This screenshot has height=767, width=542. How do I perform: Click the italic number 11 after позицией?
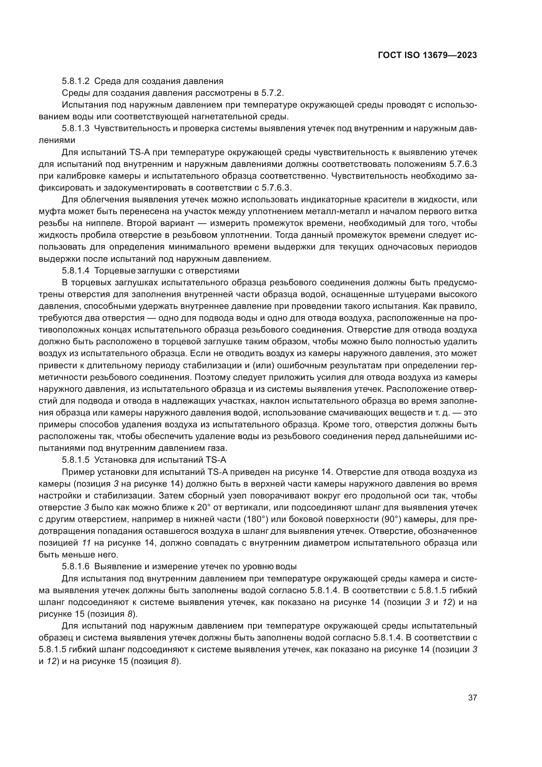[87, 543]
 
